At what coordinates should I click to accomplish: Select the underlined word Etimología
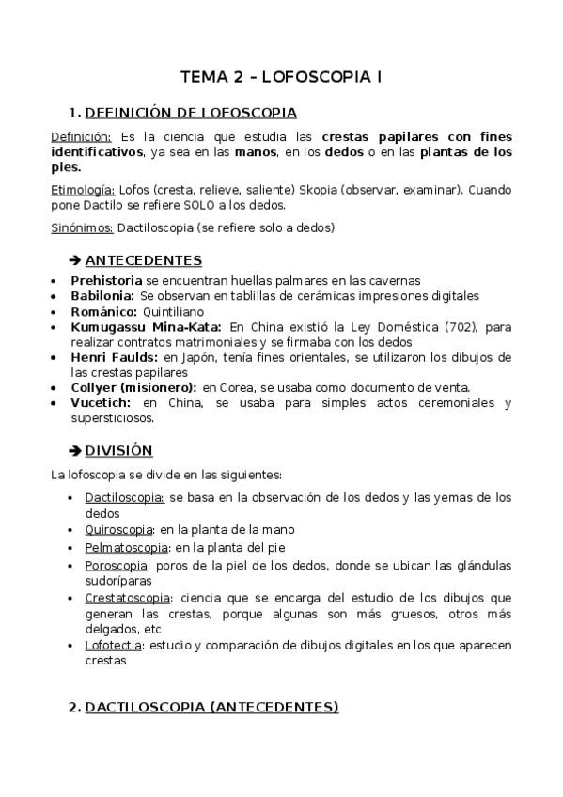pos(83,190)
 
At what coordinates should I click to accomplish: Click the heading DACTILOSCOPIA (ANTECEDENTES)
pos(211,707)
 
